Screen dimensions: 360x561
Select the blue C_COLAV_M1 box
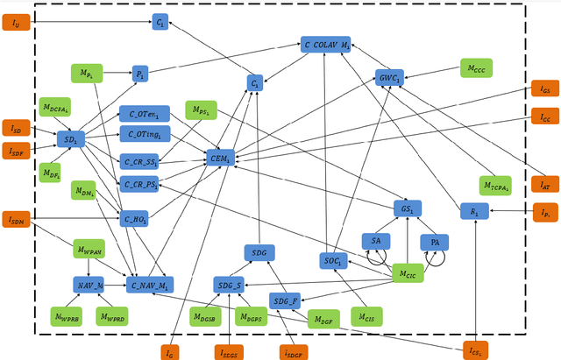[x=327, y=43]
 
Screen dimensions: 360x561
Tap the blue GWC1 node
[x=389, y=77]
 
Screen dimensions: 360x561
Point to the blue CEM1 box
[x=218, y=158]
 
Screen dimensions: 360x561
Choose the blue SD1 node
[x=70, y=138]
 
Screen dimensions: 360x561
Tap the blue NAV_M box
[x=89, y=284]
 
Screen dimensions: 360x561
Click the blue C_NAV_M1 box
[x=150, y=284]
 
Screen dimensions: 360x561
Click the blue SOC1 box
[x=334, y=260]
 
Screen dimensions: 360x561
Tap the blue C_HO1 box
[x=135, y=219]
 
